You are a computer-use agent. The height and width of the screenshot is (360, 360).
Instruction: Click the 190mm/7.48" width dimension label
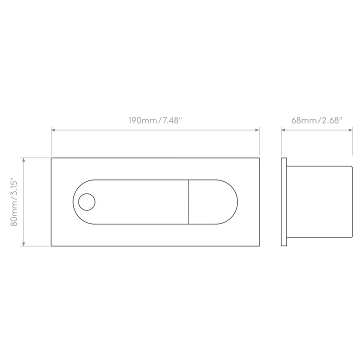155,120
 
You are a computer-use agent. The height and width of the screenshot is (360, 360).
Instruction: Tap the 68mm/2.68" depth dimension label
317,120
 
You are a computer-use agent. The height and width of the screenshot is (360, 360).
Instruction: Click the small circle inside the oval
87,202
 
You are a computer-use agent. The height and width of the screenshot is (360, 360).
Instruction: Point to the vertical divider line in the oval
188,202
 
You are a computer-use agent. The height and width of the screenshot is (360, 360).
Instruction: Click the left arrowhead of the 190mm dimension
53,130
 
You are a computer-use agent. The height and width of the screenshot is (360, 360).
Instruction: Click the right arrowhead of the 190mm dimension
257,130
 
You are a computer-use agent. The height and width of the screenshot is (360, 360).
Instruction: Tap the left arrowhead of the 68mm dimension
283,130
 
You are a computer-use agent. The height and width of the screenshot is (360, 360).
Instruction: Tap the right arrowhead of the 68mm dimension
350,130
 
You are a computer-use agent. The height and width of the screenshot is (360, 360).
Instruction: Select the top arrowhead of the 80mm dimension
23,160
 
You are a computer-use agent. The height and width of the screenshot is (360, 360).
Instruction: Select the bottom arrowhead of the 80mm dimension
23,244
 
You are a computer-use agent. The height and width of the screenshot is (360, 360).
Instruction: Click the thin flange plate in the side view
284,202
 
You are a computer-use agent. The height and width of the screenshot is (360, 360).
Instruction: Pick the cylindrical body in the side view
319,202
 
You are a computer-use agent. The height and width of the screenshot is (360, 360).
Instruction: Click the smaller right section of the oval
213,202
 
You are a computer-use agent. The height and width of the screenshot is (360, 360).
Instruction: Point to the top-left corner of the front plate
51,158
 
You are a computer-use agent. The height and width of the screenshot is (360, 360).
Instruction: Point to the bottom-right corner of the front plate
259,246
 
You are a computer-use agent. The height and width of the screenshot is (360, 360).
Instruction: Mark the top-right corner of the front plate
259,158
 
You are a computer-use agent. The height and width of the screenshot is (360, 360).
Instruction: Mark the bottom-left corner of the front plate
51,246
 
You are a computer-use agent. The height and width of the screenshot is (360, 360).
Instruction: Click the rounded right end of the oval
237,202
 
